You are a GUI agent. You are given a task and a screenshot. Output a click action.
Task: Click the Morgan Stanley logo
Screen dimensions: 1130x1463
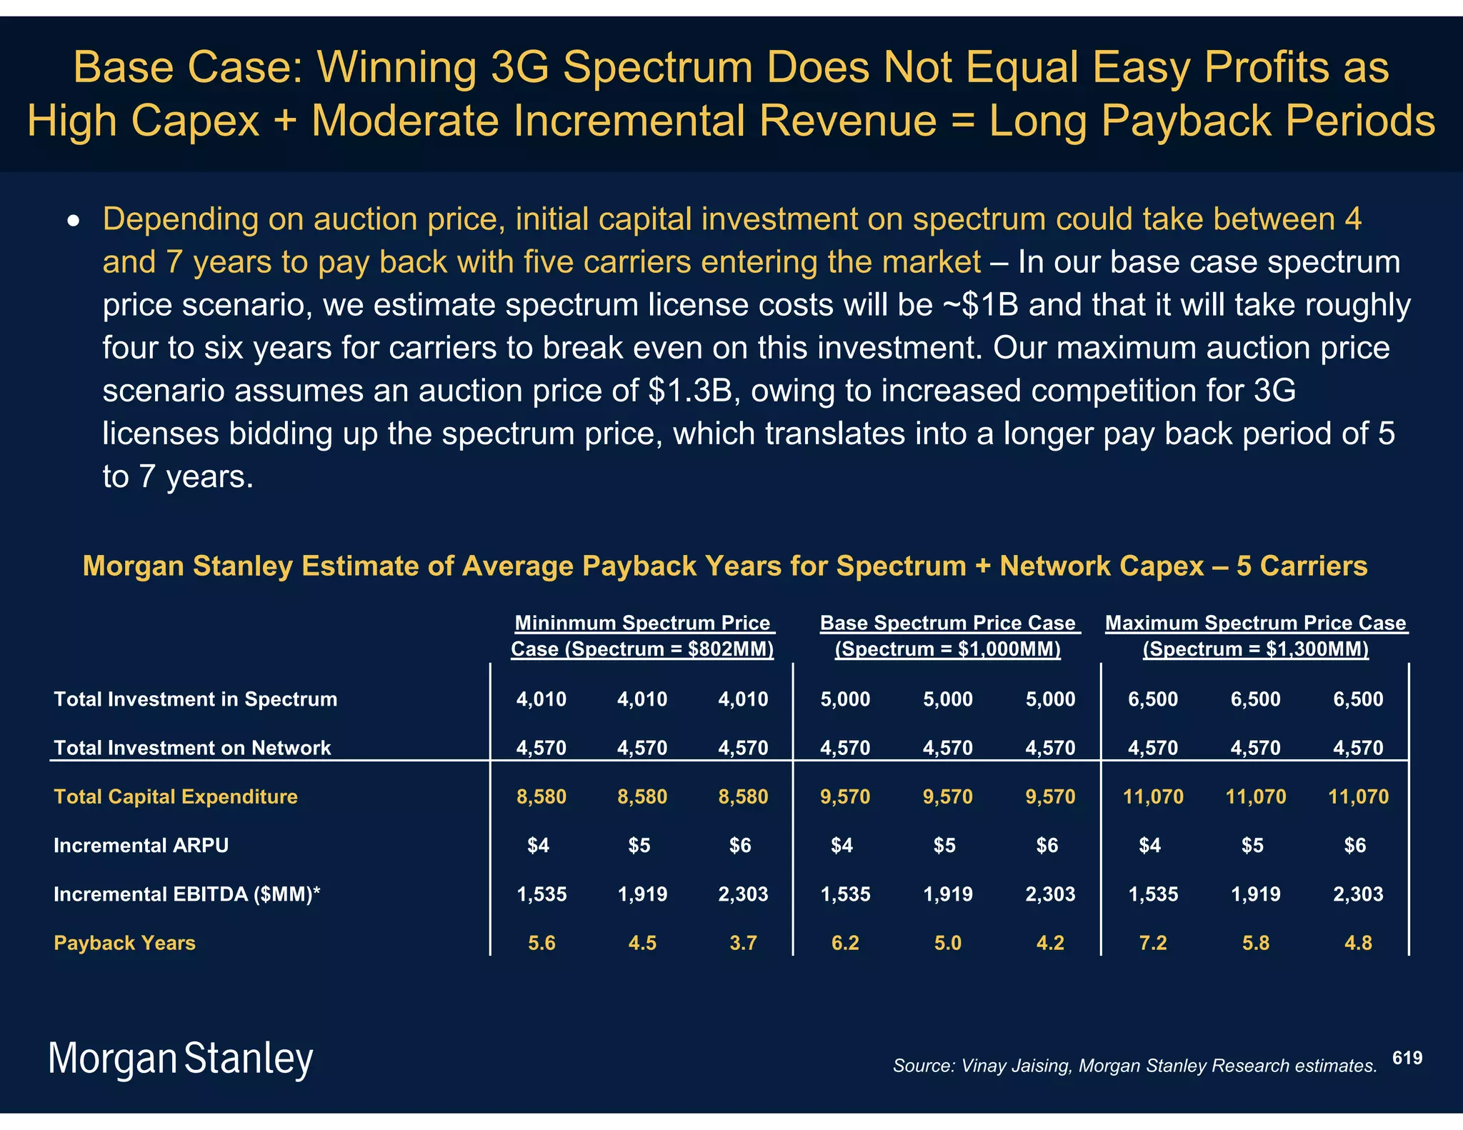coord(180,1059)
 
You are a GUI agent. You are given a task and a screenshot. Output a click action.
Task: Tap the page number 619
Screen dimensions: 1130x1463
coord(1407,1058)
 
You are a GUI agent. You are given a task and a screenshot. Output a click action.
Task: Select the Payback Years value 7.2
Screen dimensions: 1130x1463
coord(1152,943)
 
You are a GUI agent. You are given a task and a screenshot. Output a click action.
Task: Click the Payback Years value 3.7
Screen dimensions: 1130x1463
coord(743,943)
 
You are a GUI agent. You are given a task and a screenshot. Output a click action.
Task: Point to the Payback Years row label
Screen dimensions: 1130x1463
coord(124,943)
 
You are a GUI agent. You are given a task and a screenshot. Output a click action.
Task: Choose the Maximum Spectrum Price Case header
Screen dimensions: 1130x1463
coord(1255,636)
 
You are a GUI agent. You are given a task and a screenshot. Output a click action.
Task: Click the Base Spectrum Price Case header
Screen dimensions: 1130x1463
coord(947,636)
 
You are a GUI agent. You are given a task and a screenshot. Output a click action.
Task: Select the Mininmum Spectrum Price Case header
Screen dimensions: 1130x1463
coord(642,636)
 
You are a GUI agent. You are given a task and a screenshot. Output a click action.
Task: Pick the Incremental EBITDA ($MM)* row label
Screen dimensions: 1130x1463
coord(186,894)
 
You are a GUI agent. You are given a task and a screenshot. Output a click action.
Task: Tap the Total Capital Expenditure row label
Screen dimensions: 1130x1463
coord(175,796)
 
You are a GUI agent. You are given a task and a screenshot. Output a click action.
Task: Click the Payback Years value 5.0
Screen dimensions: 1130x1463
coord(947,943)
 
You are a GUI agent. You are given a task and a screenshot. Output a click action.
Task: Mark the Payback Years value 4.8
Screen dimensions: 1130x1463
coord(1357,943)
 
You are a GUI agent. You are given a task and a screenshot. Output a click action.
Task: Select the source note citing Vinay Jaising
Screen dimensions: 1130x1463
coord(1134,1066)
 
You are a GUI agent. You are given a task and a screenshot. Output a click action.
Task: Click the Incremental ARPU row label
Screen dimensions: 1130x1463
coord(141,846)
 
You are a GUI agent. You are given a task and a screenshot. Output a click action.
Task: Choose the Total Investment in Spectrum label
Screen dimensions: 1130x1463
coord(195,699)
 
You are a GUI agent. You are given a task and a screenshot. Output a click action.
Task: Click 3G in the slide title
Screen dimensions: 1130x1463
coord(520,67)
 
